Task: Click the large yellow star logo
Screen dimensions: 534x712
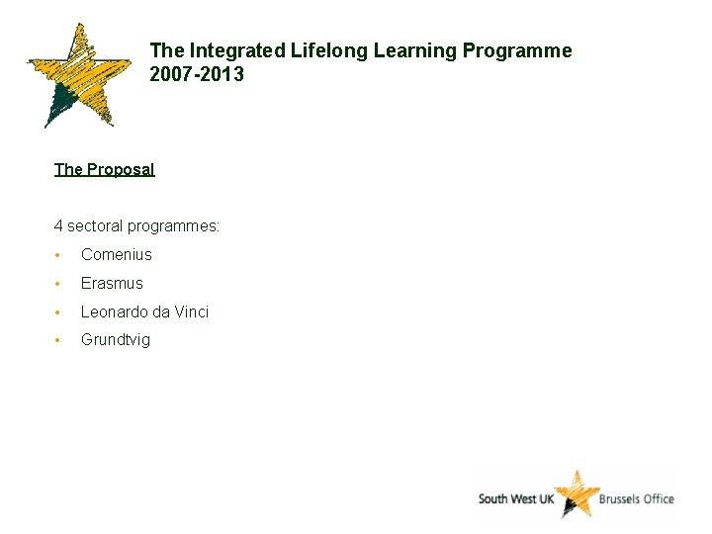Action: (78, 75)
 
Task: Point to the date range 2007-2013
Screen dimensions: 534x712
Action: (197, 74)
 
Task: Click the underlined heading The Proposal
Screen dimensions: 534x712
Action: (104, 169)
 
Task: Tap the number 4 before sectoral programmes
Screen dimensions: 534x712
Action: (58, 226)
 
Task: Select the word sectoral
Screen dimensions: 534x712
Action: (96, 226)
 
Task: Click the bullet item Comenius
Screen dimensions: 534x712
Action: (117, 255)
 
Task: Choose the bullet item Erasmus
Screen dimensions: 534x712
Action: (112, 284)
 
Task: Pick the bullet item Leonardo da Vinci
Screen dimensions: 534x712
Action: (144, 312)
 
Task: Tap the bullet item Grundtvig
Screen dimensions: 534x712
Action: (116, 340)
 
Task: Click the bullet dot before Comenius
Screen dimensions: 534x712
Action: (59, 255)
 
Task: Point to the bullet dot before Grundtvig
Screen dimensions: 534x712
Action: (59, 340)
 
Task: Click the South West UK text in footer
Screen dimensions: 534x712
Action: (515, 498)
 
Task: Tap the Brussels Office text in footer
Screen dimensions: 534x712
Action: (637, 498)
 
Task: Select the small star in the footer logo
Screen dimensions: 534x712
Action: (576, 493)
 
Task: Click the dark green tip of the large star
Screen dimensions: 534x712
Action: (61, 103)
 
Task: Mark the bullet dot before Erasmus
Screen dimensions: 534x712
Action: (59, 284)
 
